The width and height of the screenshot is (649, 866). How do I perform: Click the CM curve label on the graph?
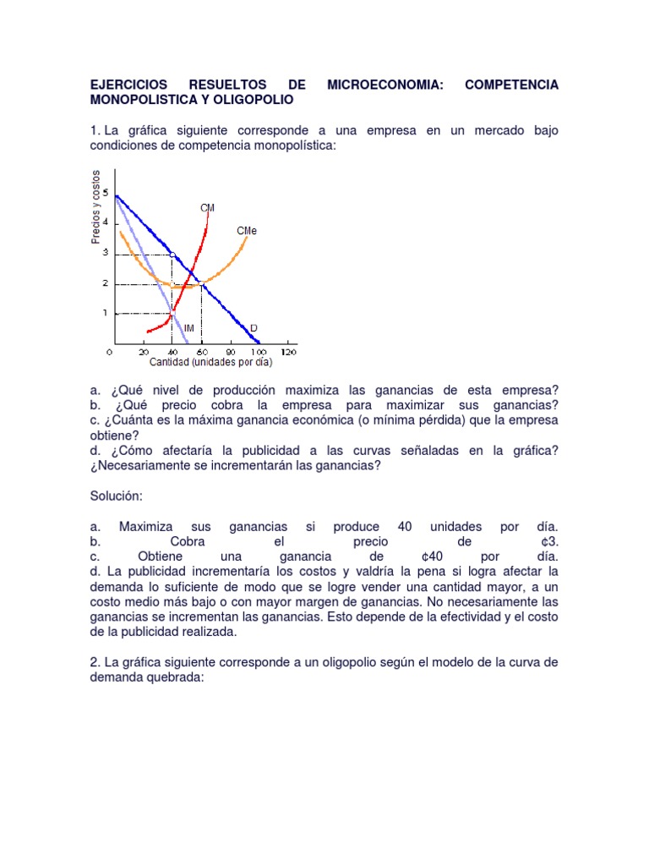(x=207, y=207)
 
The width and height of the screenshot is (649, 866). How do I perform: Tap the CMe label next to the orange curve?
(x=247, y=230)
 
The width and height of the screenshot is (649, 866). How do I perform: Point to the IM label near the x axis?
(x=189, y=327)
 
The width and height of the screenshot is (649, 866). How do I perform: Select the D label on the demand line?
(x=253, y=326)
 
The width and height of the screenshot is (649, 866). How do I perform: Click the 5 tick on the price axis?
(x=106, y=193)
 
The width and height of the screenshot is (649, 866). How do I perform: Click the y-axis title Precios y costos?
(x=95, y=207)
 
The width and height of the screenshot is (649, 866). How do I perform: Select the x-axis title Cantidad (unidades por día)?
(x=211, y=362)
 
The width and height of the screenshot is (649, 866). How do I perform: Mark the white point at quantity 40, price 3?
(x=172, y=254)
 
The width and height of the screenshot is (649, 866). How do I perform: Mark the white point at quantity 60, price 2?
(x=202, y=284)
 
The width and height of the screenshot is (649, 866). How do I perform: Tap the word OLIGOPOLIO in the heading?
(x=249, y=100)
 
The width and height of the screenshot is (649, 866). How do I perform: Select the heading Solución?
(x=117, y=495)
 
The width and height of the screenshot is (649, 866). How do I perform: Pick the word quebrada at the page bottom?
(x=168, y=678)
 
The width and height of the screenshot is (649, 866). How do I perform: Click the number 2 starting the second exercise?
(x=93, y=663)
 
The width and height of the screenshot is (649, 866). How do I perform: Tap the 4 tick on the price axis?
(x=106, y=223)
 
